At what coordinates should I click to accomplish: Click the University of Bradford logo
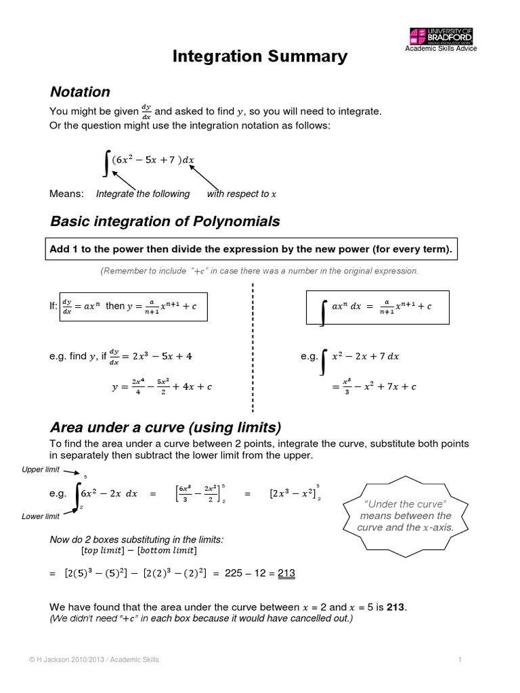click(441, 35)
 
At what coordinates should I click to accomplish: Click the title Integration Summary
click(261, 56)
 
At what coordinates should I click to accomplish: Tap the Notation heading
click(80, 91)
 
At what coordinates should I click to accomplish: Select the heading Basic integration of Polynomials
click(165, 221)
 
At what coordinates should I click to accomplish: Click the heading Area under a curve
click(165, 427)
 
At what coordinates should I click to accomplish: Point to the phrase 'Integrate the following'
click(143, 194)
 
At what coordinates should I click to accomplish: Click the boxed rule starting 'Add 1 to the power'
click(250, 250)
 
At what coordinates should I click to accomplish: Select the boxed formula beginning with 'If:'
click(133, 306)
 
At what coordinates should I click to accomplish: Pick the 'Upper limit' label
click(41, 469)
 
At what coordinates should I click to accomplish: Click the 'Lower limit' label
click(41, 517)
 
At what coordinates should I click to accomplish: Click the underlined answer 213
click(286, 573)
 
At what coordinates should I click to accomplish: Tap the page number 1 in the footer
click(459, 660)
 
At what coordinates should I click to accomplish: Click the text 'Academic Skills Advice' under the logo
click(441, 49)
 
